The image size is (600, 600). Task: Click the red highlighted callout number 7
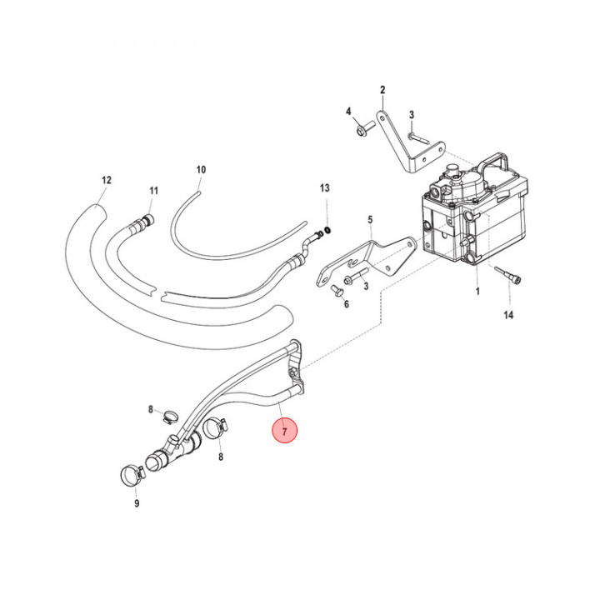point(284,432)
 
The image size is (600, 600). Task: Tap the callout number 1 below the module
point(477,292)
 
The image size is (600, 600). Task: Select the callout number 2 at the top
point(382,90)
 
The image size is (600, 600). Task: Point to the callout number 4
point(349,111)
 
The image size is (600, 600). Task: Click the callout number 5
point(371,220)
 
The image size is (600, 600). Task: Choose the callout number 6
point(347,305)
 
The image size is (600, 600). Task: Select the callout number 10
point(201,169)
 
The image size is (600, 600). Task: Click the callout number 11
point(153,191)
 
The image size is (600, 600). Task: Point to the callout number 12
point(106,179)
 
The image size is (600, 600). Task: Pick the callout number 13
point(325,188)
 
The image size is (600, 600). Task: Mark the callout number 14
point(508,315)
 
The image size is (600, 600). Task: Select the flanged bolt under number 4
point(362,130)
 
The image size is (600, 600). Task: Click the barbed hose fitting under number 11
point(145,220)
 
